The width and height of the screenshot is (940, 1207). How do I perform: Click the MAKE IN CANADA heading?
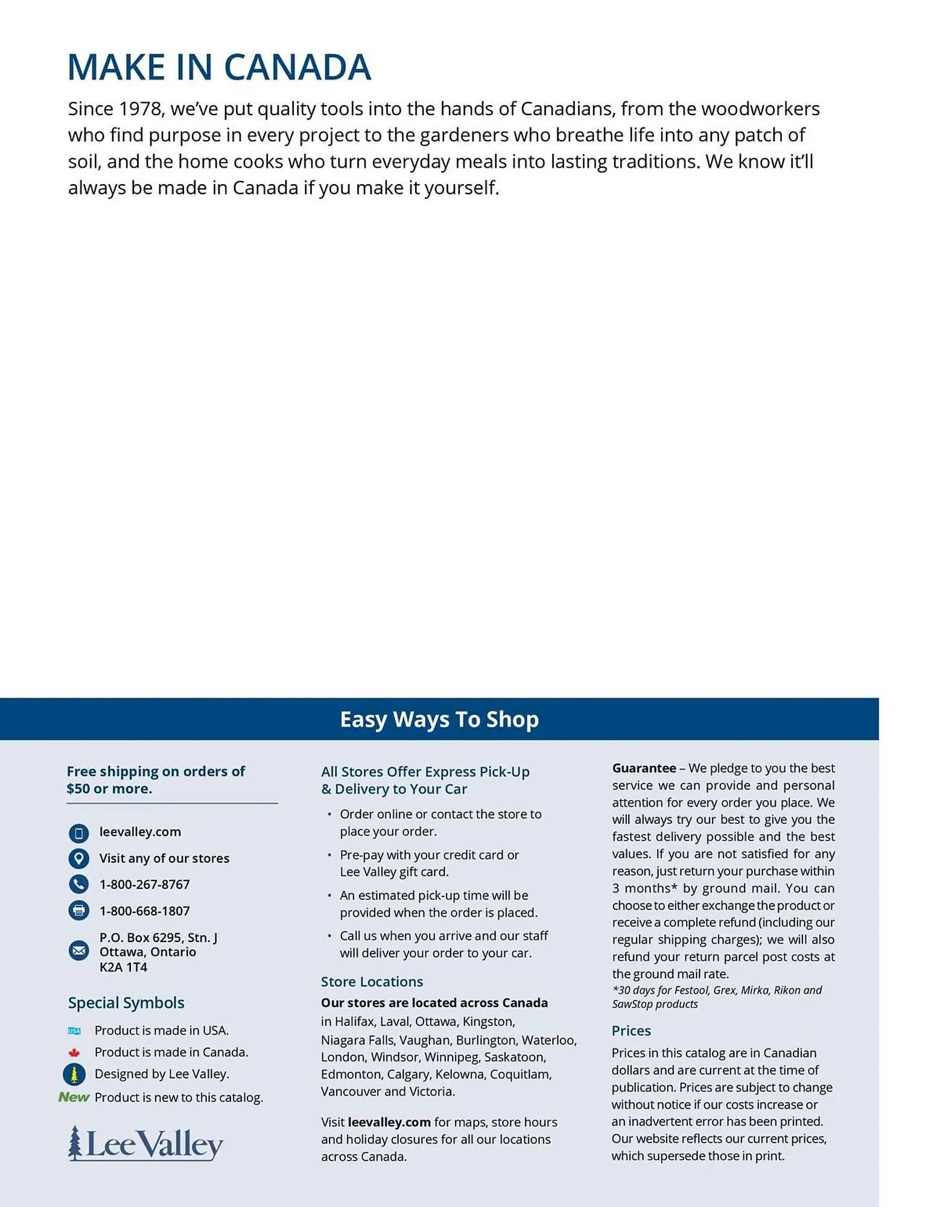219,67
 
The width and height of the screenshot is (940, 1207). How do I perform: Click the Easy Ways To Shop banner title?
439,719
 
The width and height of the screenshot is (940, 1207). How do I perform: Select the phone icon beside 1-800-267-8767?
78,884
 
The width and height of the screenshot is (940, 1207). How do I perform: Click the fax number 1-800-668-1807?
144,911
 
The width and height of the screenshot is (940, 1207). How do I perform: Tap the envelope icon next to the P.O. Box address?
78,951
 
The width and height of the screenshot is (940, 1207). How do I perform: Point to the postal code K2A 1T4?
123,967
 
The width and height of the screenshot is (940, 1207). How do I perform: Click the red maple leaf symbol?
74,1053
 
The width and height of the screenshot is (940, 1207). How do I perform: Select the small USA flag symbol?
74,1031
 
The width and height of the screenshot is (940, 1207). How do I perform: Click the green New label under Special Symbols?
74,1097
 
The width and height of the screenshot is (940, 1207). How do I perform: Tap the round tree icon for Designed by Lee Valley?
74,1074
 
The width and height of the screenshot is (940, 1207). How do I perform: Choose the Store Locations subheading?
372,982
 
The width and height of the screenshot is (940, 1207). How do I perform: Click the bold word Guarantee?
644,768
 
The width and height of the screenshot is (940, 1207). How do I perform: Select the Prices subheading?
631,1031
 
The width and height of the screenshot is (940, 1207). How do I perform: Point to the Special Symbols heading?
126,1003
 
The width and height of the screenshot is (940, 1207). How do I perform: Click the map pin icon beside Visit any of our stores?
78,858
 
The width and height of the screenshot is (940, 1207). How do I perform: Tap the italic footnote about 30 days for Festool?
717,997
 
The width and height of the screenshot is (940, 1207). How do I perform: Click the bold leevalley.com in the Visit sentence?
389,1122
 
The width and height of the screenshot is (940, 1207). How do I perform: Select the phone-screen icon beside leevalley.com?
78,833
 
